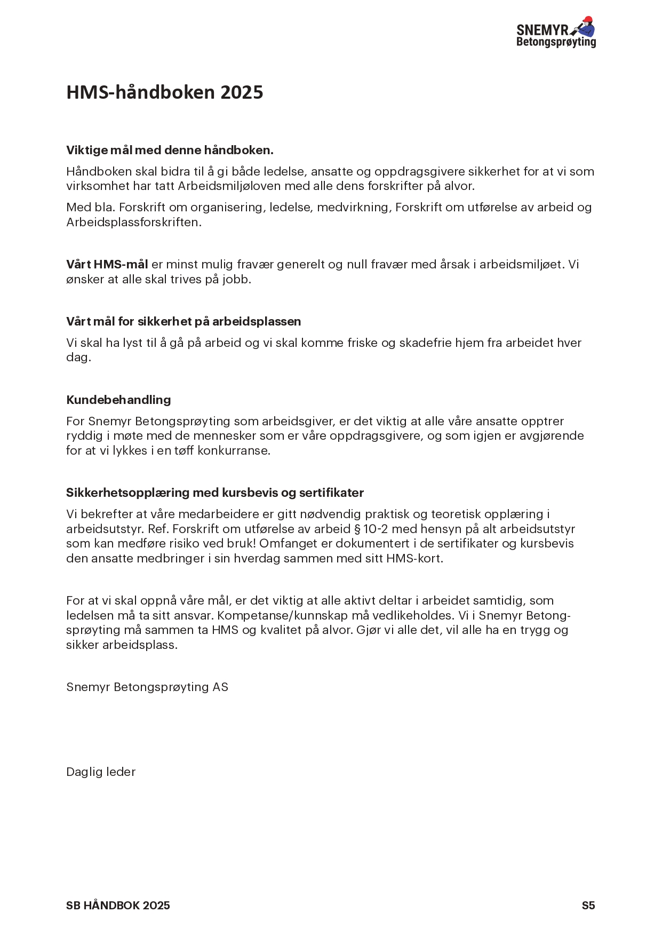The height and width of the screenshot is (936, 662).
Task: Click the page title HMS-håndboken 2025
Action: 164,92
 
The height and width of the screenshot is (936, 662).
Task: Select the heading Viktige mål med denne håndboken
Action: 170,150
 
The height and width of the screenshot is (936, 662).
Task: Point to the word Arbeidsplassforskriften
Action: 133,222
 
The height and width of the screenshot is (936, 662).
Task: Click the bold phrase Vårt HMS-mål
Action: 107,265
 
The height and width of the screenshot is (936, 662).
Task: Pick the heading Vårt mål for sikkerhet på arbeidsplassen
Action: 184,322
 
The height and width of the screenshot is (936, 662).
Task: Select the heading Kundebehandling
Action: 118,400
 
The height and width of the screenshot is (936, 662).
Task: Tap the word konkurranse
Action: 234,450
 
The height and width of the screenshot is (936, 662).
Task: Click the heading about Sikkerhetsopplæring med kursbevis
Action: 214,493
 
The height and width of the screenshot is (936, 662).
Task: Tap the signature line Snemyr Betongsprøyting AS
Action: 147,687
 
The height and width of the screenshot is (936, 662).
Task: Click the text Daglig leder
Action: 101,772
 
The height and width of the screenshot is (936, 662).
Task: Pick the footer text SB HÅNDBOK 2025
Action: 118,906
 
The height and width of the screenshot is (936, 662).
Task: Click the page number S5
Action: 588,906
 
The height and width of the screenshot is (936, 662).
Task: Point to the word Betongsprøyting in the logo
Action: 556,42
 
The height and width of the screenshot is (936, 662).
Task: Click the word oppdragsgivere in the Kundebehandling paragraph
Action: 376,436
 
